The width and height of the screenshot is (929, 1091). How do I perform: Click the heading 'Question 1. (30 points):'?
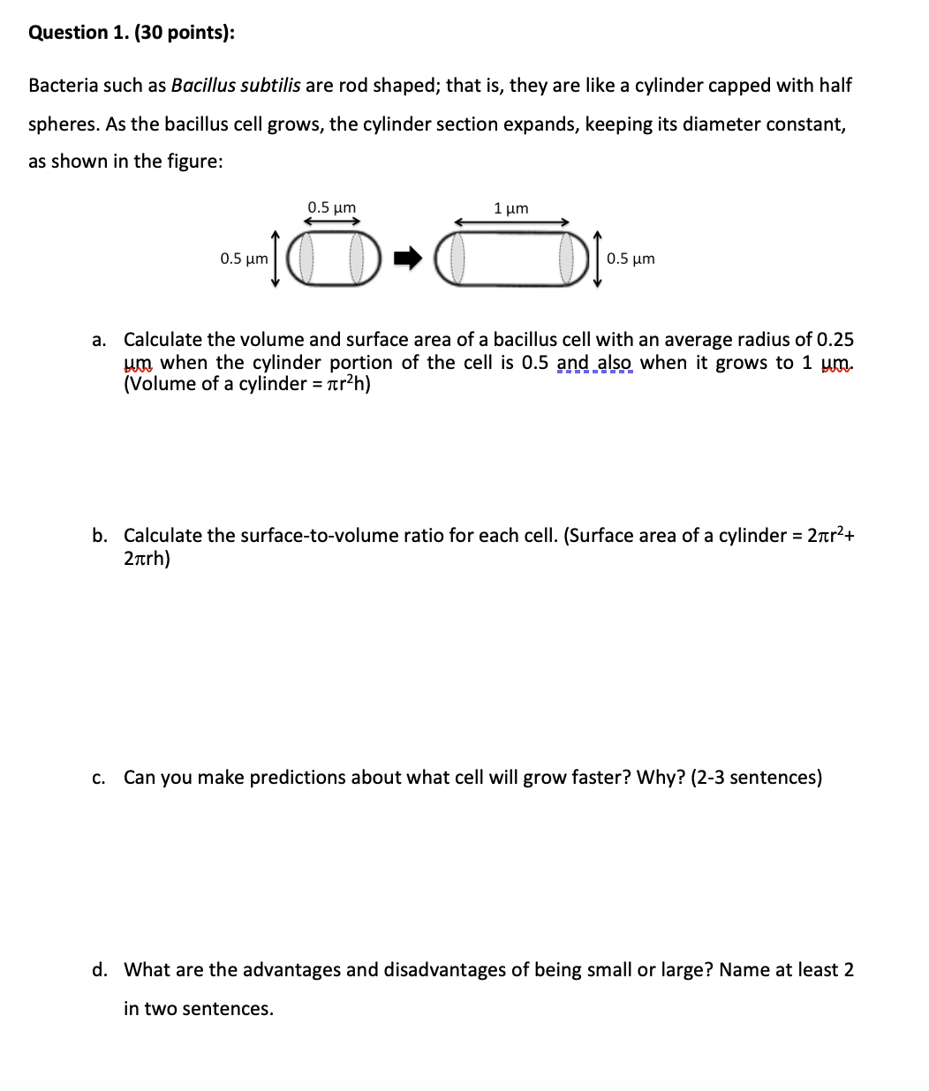pyautogui.click(x=132, y=33)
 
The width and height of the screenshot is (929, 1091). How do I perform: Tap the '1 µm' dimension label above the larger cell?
pyautogui.click(x=511, y=208)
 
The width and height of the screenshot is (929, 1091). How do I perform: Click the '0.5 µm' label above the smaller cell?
pyautogui.click(x=331, y=207)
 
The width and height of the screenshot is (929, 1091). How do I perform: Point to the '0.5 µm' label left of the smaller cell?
pyautogui.click(x=244, y=259)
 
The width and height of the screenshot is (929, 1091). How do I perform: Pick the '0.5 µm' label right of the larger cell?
pyautogui.click(x=631, y=259)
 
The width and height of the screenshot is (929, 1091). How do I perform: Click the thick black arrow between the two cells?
pyautogui.click(x=408, y=259)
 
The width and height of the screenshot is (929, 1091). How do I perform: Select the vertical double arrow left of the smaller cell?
pyautogui.click(x=275, y=259)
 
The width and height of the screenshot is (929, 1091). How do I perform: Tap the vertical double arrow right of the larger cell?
pyautogui.click(x=597, y=259)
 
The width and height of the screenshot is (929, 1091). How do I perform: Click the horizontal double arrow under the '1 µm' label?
pyautogui.click(x=511, y=222)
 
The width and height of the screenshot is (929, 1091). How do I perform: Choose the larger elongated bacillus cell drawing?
pyautogui.click(x=512, y=259)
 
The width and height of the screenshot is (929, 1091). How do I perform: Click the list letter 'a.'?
pyautogui.click(x=100, y=340)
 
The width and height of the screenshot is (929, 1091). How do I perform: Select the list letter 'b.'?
pyautogui.click(x=100, y=536)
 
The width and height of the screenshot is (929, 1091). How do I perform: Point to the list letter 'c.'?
pyautogui.click(x=100, y=778)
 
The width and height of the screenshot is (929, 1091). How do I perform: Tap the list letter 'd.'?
pyautogui.click(x=100, y=970)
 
